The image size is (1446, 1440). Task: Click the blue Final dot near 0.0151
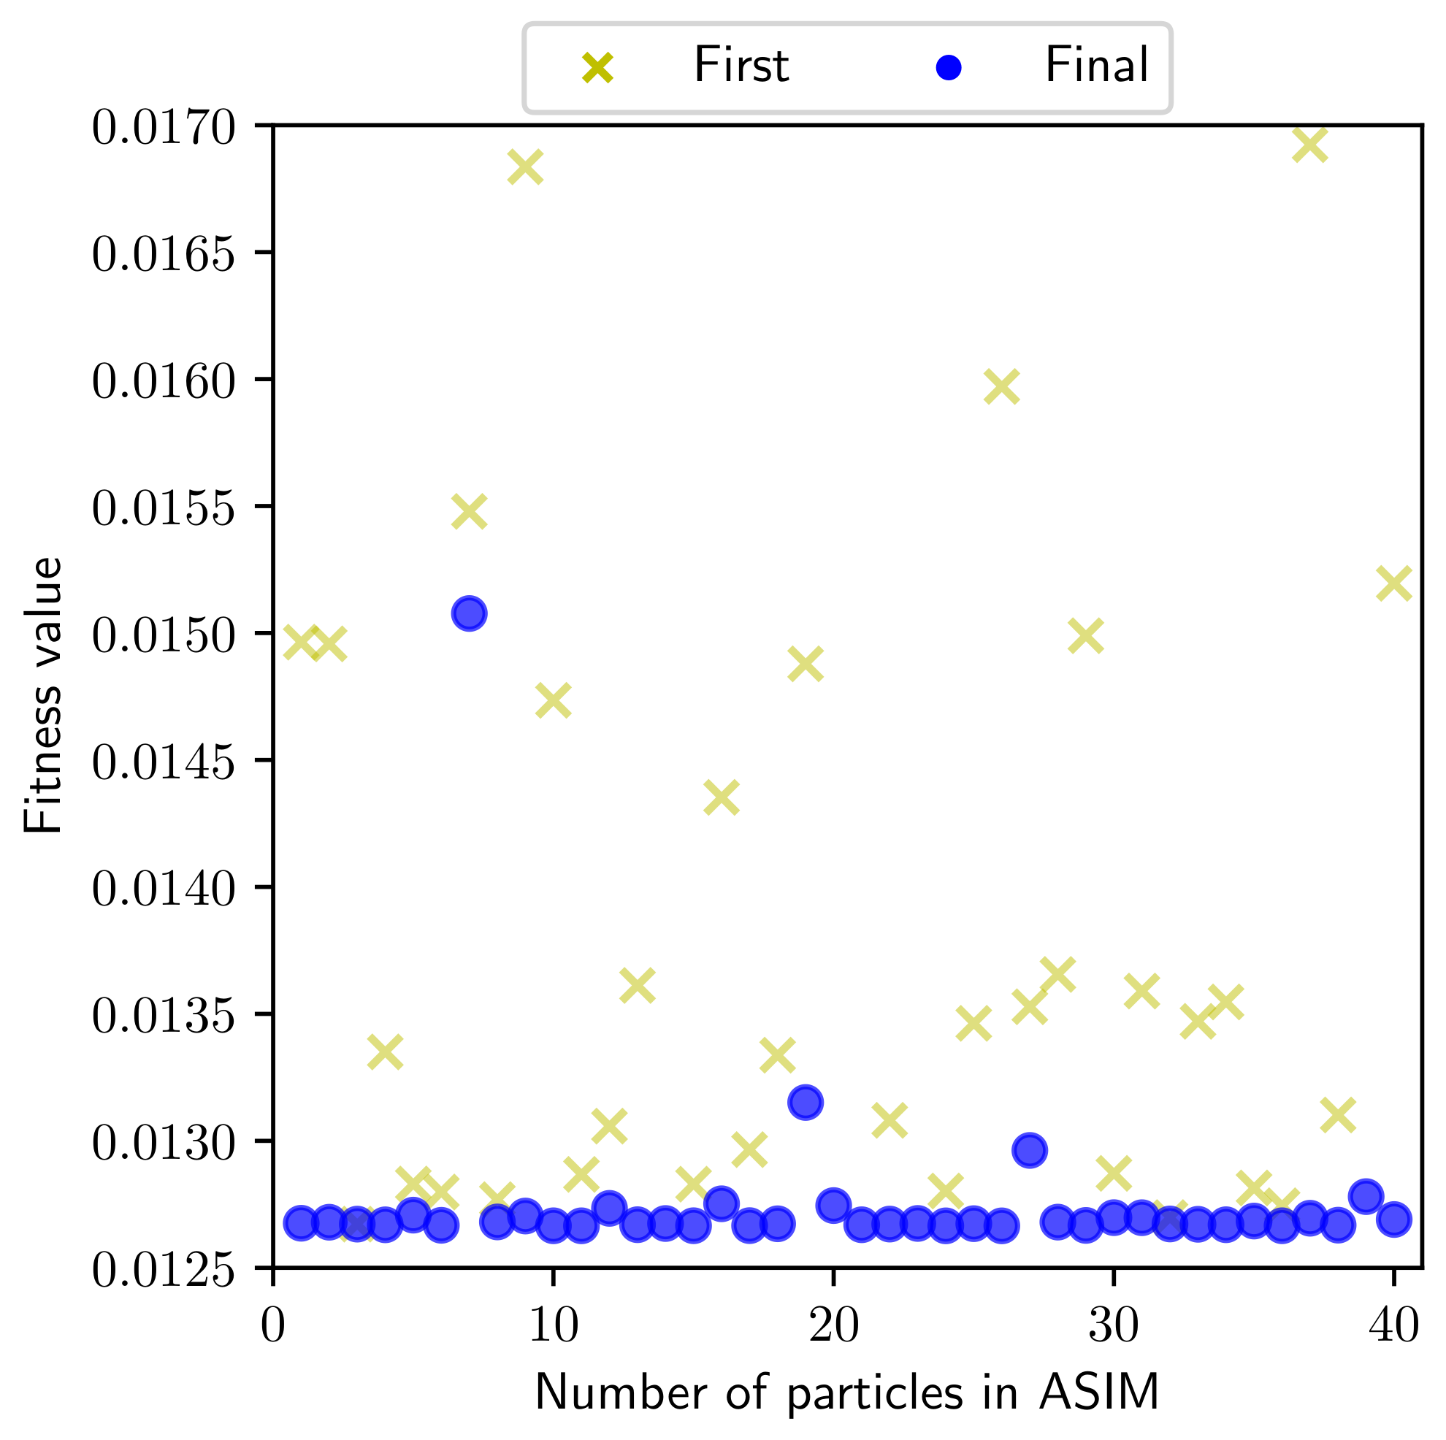click(x=470, y=613)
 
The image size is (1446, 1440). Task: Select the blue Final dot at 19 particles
click(x=806, y=1103)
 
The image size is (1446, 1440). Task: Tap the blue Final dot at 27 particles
click(x=1029, y=1150)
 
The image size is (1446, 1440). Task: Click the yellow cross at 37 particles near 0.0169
click(x=1309, y=145)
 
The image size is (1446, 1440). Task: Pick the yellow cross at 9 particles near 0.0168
click(x=524, y=166)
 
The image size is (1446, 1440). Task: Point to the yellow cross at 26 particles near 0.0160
click(x=1001, y=386)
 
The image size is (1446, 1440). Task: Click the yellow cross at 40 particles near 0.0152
click(x=1393, y=583)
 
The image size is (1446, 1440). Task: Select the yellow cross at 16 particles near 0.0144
click(x=722, y=798)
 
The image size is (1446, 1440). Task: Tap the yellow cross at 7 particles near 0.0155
click(x=470, y=512)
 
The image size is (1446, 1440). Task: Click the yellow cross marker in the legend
click(x=598, y=68)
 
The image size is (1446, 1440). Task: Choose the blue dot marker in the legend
click(x=948, y=68)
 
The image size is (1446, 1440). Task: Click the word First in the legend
click(x=741, y=66)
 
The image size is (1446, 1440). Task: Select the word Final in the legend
click(x=1096, y=66)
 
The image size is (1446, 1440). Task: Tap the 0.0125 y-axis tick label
click(x=163, y=1269)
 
